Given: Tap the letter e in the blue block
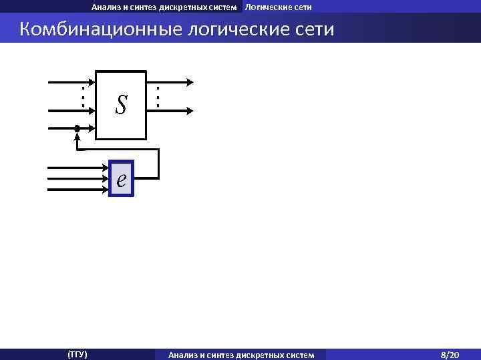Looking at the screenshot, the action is click(121, 179).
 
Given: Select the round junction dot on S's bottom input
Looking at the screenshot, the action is click(77, 127).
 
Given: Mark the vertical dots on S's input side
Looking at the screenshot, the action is click(82, 98).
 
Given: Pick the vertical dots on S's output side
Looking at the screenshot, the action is click(158, 98).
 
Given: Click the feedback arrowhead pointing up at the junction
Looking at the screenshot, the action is click(77, 138).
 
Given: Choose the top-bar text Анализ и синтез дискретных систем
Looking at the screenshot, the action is click(164, 7).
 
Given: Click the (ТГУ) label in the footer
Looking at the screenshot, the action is click(77, 353).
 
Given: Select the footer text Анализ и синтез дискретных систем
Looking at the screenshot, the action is click(241, 354).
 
